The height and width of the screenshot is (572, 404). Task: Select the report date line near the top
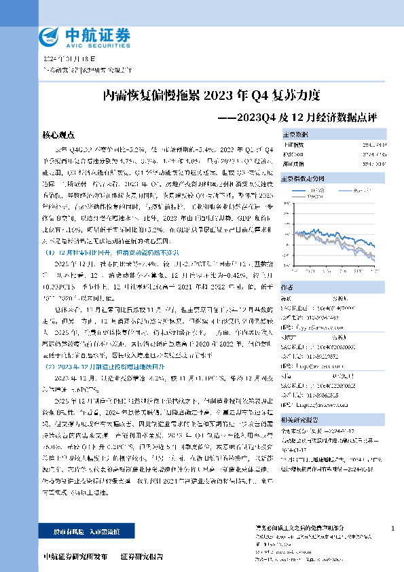(67, 59)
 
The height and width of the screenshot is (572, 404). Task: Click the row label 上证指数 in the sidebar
(295, 145)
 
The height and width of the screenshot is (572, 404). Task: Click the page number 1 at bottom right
(393, 528)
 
